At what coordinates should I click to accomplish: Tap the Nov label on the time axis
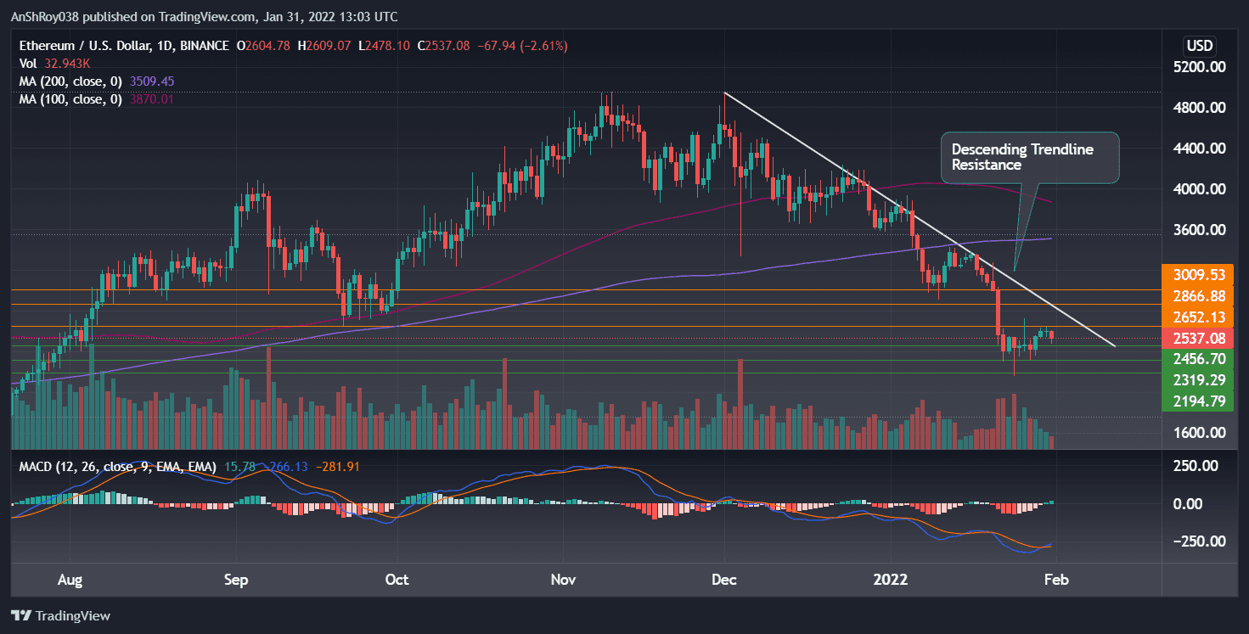564,580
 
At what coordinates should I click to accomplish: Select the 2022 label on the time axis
892,580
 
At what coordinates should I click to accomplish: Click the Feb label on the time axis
1056,580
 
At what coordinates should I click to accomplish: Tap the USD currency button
1200,45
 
